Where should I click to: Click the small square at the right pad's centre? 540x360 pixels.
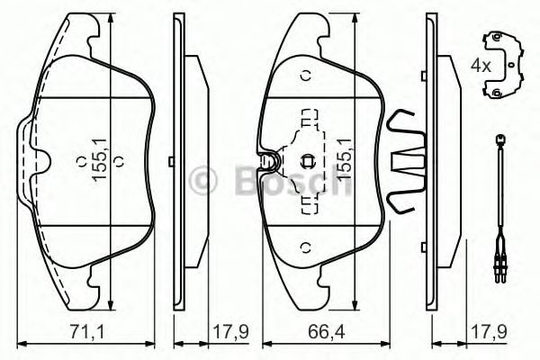[308, 162]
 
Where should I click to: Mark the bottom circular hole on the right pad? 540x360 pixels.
[304, 247]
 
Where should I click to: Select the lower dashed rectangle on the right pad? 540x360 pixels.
[309, 205]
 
